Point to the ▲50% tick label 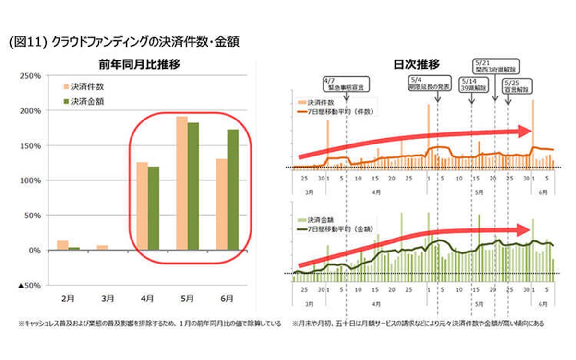click(29, 286)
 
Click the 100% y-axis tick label click(31, 180)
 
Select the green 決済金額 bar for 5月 click(193, 186)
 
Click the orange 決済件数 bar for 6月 click(222, 204)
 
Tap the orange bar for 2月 click(62, 245)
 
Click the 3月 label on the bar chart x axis click(108, 299)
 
